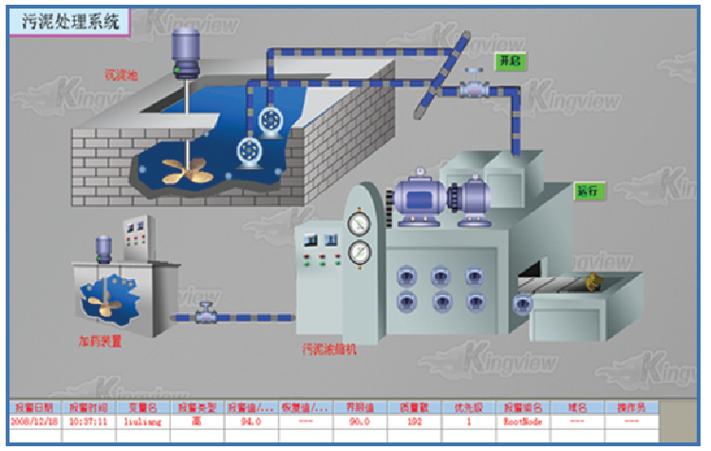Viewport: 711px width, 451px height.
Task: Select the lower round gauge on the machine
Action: point(360,254)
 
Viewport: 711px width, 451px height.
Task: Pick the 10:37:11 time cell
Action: point(87,419)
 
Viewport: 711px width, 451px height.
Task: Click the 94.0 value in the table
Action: point(250,419)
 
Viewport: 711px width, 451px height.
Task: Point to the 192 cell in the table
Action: point(412,419)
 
